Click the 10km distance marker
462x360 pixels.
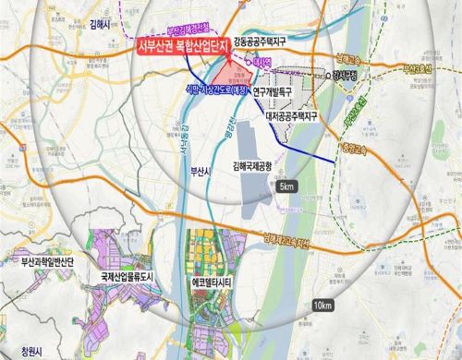click(x=322, y=306)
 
